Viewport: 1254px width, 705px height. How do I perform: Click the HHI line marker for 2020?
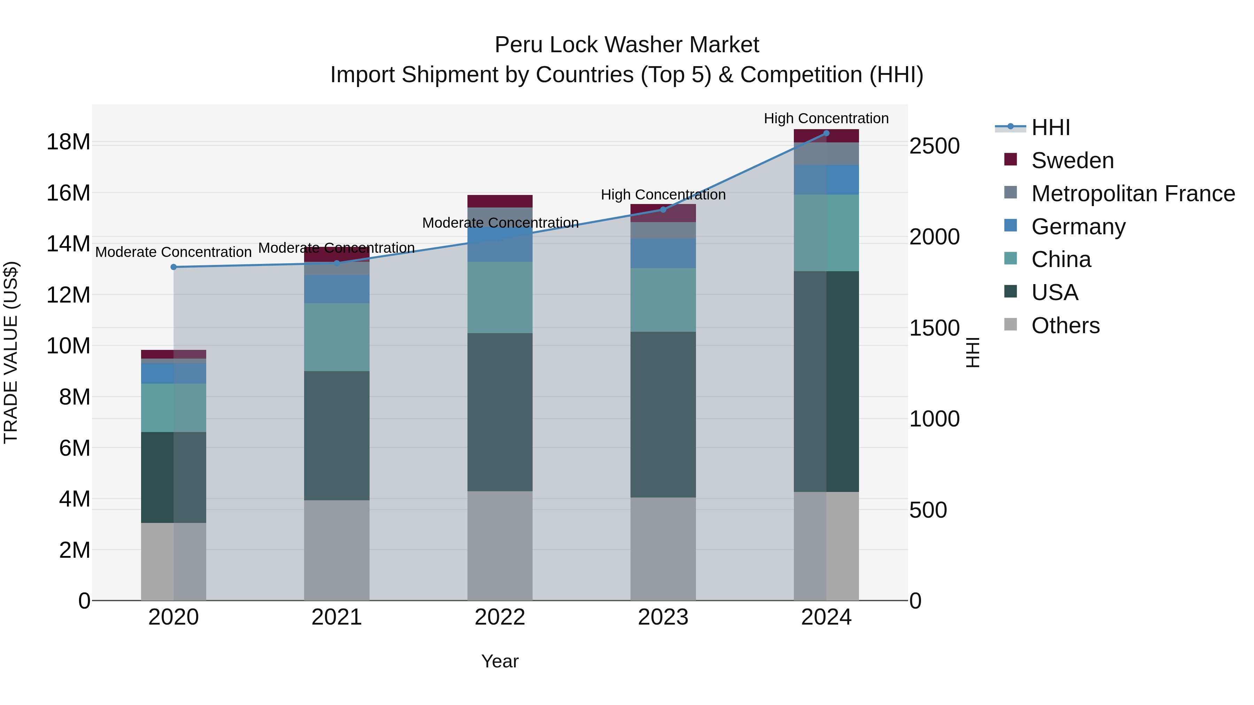(x=174, y=267)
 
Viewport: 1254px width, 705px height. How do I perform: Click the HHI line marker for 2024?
(x=826, y=133)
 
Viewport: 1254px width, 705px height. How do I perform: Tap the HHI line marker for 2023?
(x=663, y=210)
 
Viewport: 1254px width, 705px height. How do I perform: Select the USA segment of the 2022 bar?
(x=500, y=412)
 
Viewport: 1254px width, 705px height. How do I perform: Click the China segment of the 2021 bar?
(x=337, y=337)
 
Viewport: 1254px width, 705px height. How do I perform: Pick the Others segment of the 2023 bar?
(x=663, y=549)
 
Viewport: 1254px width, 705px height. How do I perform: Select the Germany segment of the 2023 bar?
(x=663, y=253)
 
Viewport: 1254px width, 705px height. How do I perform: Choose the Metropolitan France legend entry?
(x=1132, y=194)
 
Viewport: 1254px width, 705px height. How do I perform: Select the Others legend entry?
(x=1065, y=326)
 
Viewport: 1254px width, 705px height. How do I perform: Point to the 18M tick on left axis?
(x=68, y=142)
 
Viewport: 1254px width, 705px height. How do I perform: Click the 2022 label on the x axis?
(x=500, y=617)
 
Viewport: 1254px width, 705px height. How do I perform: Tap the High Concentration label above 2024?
(x=826, y=118)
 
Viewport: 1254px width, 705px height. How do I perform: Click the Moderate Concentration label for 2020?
(x=173, y=252)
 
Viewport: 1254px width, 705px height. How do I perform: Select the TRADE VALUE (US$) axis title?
(x=11, y=352)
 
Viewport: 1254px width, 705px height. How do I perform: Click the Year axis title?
(x=500, y=661)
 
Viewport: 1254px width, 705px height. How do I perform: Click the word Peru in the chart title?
(x=516, y=45)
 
